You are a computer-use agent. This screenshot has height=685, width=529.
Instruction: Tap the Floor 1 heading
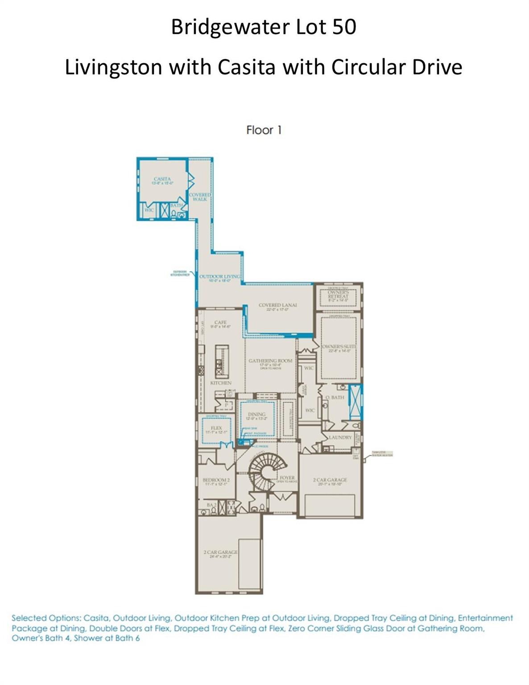coord(264,130)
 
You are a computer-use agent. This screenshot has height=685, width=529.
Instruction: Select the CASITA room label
coord(162,179)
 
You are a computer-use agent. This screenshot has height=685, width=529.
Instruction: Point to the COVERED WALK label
coord(200,197)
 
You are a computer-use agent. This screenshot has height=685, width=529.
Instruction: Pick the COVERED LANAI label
coord(277,305)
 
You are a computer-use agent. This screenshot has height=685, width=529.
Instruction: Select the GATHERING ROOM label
coord(270,361)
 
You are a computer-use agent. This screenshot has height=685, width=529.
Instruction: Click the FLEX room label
coord(216,428)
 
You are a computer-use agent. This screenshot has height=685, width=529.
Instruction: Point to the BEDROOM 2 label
coord(216,480)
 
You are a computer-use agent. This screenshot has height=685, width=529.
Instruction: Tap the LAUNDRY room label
coord(340,437)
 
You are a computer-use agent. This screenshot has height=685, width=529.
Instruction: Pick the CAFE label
coord(220,322)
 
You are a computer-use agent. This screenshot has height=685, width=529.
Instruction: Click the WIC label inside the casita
coord(149,210)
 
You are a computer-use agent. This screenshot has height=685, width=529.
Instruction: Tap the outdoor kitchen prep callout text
coord(180,273)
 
